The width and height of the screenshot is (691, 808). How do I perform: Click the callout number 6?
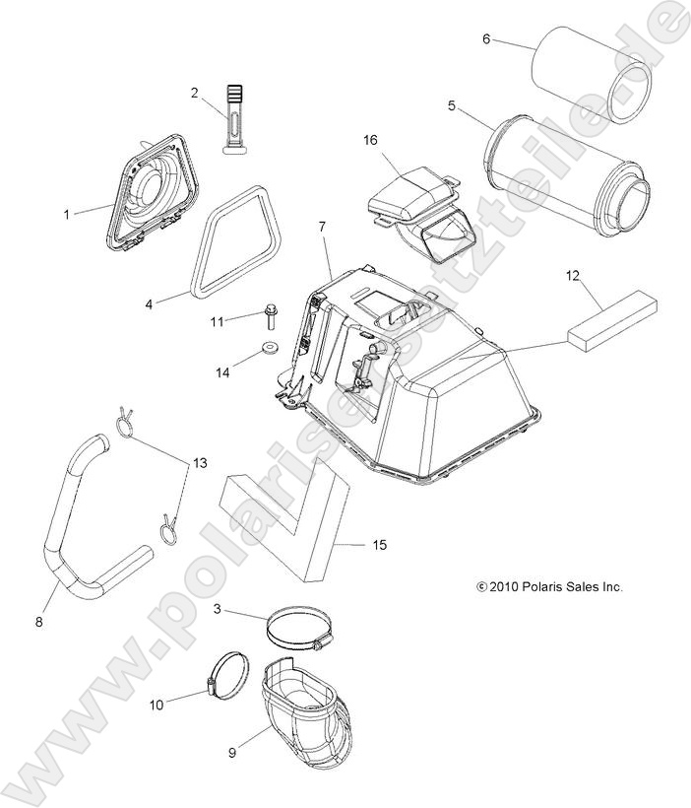tap(486, 39)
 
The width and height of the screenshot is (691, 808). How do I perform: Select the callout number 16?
tap(370, 141)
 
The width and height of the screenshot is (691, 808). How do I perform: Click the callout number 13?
tap(200, 462)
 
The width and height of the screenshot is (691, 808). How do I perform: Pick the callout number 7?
tap(321, 229)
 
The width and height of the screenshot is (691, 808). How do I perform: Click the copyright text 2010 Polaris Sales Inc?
tap(549, 587)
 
